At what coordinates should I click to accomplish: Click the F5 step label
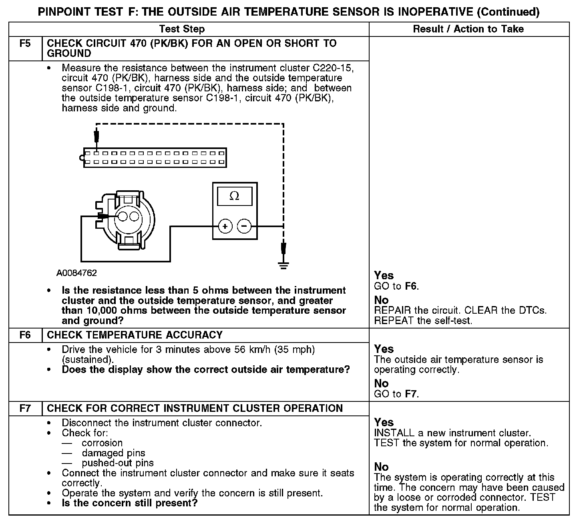[x=25, y=43]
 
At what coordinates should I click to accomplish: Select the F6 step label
[x=25, y=335]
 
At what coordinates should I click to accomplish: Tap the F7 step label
[x=25, y=408]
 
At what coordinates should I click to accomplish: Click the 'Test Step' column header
[x=182, y=29]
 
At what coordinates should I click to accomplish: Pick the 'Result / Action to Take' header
[x=468, y=29]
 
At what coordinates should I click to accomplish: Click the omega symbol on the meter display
[x=235, y=196]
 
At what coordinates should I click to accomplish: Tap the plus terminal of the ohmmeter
[x=225, y=226]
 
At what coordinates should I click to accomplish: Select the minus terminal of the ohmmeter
[x=244, y=226]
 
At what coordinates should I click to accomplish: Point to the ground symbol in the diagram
[x=283, y=265]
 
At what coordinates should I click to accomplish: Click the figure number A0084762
[x=76, y=273]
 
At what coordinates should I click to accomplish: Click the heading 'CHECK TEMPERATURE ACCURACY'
[x=135, y=335]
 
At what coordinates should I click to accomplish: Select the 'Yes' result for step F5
[x=384, y=276]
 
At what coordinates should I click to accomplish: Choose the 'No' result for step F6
[x=381, y=383]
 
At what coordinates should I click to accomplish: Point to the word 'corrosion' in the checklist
[x=102, y=443]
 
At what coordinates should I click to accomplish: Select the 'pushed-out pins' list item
[x=117, y=463]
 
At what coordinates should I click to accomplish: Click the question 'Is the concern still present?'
[x=130, y=503]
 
